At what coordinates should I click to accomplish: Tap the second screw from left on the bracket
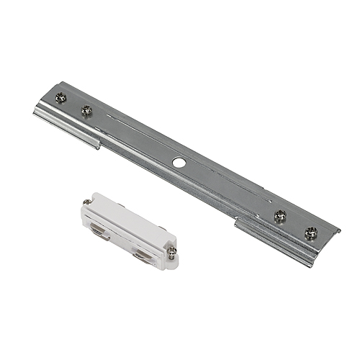86,110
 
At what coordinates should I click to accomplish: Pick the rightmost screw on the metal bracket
310,232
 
